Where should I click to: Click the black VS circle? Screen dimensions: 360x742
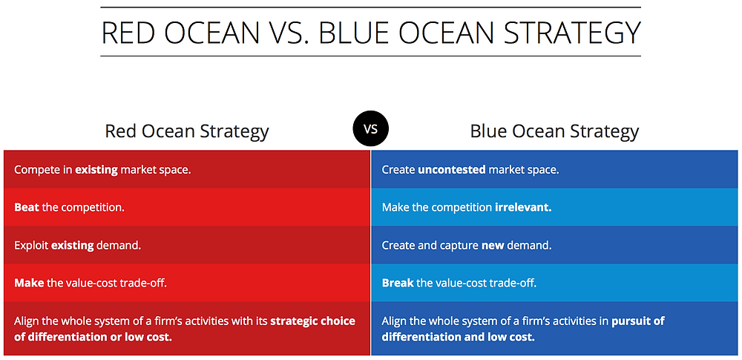pos(370,129)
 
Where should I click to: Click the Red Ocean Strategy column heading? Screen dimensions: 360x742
pos(186,132)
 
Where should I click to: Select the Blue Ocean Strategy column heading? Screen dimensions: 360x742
pos(554,132)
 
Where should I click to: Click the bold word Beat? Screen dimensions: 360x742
pos(27,207)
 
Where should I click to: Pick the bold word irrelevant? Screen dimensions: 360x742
pos(523,207)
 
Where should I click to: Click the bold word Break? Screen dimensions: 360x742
pos(398,283)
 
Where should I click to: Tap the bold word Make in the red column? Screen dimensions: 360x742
pos(27,283)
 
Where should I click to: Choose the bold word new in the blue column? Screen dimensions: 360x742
pos(493,245)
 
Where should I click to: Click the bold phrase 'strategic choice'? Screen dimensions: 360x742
pos(312,321)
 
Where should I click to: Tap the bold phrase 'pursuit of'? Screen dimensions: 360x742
pos(638,321)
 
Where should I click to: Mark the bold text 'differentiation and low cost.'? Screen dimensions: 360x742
pos(458,337)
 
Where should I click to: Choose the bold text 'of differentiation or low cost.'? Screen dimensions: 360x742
pos(93,337)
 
